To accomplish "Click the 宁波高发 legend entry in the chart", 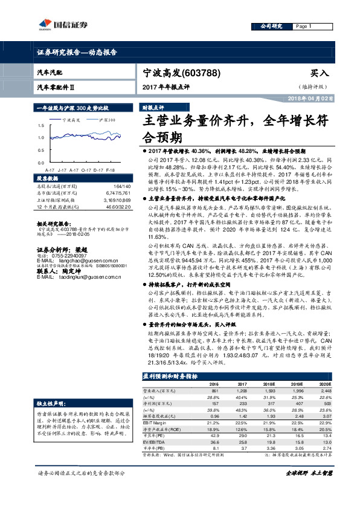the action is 71,120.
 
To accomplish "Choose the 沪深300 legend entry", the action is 105,120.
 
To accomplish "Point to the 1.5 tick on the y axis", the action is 40,126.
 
